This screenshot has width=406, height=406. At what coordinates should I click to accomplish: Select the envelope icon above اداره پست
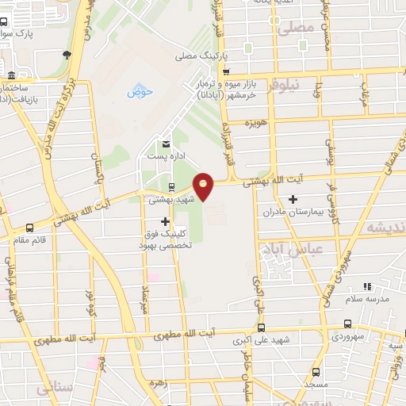167,144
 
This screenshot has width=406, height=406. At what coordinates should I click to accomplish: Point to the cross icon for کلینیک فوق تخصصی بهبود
166,221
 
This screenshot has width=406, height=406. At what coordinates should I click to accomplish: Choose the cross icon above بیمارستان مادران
294,198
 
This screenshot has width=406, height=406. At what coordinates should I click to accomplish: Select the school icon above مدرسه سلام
366,285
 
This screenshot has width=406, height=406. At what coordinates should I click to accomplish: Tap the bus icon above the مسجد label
316,372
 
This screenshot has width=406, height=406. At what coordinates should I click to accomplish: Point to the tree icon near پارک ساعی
67,55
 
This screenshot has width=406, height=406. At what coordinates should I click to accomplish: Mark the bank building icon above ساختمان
10,76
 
